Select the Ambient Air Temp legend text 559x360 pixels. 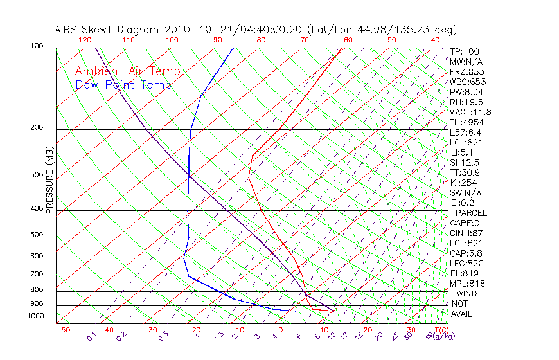tap(128, 71)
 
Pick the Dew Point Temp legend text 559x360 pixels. tap(123, 85)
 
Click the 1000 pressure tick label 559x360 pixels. tap(35, 316)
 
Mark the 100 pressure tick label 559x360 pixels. tap(37, 46)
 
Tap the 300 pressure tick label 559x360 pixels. tap(37, 175)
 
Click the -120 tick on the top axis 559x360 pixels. tap(82, 40)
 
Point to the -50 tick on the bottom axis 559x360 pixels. tap(62, 330)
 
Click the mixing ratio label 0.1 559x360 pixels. tap(91, 336)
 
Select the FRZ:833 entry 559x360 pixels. tap(466, 72)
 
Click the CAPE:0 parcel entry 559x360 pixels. tap(464, 223)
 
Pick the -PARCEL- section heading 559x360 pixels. tap(471, 213)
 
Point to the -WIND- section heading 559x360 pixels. tap(466, 294)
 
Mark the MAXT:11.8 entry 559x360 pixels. tap(470, 113)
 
